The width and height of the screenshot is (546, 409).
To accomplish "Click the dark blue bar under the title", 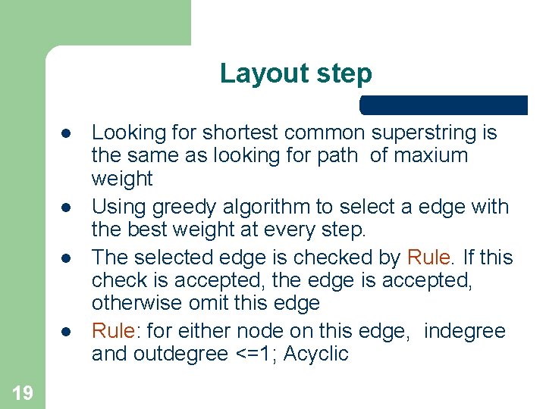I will pos(444,105).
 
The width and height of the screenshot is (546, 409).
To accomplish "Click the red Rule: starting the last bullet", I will pos(115,331).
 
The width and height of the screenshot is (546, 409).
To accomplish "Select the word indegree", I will pos(464,331).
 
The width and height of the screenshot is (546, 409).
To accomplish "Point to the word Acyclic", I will pos(316,354).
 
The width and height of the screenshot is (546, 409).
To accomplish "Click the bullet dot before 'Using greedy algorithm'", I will pos(67,207).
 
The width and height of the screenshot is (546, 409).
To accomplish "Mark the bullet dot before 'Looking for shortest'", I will pos(67,133).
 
